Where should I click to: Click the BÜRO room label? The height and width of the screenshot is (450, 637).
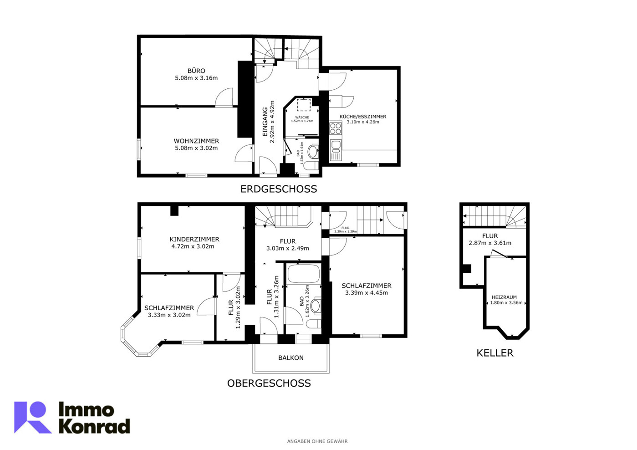(196, 71)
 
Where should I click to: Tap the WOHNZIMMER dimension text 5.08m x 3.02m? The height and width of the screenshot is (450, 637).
(196, 148)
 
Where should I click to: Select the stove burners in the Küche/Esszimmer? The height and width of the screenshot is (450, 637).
(336, 129)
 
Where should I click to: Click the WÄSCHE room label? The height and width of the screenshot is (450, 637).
(302, 118)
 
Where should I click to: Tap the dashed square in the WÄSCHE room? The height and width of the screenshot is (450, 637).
(304, 105)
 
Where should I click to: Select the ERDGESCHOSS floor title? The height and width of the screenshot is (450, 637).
(278, 189)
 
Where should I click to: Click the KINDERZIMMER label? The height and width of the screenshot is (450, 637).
(194, 239)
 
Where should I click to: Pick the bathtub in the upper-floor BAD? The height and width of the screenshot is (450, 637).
(303, 274)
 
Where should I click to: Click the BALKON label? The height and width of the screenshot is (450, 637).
(290, 358)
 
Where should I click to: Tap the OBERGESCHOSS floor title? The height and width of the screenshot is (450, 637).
(269, 384)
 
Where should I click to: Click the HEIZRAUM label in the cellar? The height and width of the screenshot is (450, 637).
(504, 297)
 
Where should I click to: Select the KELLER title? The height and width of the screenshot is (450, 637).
(494, 353)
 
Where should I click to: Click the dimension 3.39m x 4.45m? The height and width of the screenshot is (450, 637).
(366, 293)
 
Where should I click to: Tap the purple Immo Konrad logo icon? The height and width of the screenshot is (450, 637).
(32, 417)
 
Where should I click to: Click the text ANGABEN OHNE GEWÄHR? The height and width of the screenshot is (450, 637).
(317, 441)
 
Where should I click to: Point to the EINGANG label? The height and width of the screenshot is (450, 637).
(265, 122)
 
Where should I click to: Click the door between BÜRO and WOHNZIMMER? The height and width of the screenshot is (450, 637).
(225, 98)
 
